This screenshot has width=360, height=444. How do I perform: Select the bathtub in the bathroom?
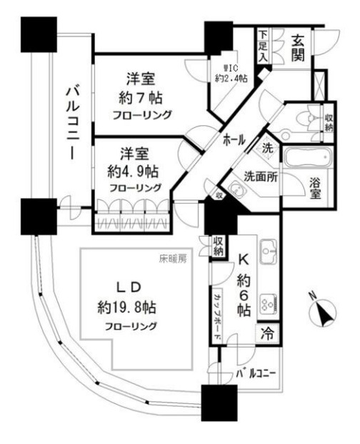(305, 157)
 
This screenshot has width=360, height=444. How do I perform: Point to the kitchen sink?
(267, 252)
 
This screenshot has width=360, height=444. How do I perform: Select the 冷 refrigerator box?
(266, 333)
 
